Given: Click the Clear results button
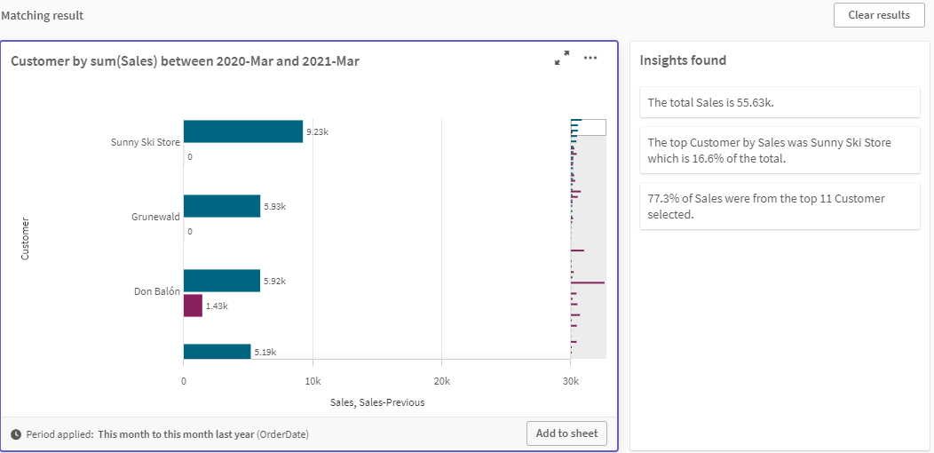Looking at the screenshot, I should tap(879, 15).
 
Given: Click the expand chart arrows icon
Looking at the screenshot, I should tap(562, 59).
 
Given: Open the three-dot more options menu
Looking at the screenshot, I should tap(590, 59).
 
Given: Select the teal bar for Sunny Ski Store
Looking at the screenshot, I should tap(242, 131).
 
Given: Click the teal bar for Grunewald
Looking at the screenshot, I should tap(221, 206).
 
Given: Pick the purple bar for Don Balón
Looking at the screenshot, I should tap(193, 306).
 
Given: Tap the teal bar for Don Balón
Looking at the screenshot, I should tap(221, 281).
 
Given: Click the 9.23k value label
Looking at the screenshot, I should tap(317, 131).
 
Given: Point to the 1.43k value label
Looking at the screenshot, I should tap(217, 306).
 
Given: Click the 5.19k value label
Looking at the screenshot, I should tap(265, 352).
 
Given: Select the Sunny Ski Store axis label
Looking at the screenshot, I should tap(146, 142).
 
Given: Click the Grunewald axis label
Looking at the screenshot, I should tap(155, 216).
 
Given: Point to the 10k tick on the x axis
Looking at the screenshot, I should tap(313, 381).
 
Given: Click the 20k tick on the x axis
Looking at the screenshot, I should tap(441, 381).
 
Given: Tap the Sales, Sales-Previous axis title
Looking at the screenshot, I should tap(377, 402).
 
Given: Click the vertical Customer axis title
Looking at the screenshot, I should tap(25, 238).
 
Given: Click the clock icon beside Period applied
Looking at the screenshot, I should tap(17, 434).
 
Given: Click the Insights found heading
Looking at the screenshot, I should tap(683, 60).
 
